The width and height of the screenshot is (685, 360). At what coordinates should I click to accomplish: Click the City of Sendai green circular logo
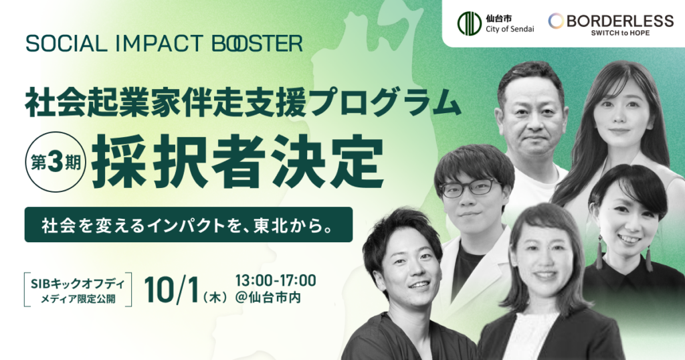click(x=469, y=23)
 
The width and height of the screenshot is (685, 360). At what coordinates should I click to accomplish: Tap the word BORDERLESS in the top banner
click(x=620, y=21)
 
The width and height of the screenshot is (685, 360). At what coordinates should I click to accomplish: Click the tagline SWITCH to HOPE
click(x=620, y=33)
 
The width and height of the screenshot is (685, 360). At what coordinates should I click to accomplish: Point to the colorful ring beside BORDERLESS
click(x=556, y=21)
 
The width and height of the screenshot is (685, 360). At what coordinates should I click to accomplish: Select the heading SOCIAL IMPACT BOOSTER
click(x=165, y=43)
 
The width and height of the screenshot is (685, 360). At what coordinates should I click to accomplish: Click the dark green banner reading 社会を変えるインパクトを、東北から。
click(x=188, y=225)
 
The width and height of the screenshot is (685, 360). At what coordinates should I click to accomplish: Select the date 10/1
click(x=172, y=289)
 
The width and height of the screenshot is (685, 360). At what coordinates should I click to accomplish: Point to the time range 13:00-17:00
click(x=275, y=280)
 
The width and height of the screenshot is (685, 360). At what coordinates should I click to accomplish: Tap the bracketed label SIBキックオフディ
click(x=78, y=284)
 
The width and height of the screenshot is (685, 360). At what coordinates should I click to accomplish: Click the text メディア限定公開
click(x=78, y=299)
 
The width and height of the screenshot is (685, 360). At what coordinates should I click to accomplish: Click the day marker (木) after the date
click(x=215, y=298)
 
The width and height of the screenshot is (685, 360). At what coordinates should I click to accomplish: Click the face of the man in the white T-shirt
click(x=532, y=120)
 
